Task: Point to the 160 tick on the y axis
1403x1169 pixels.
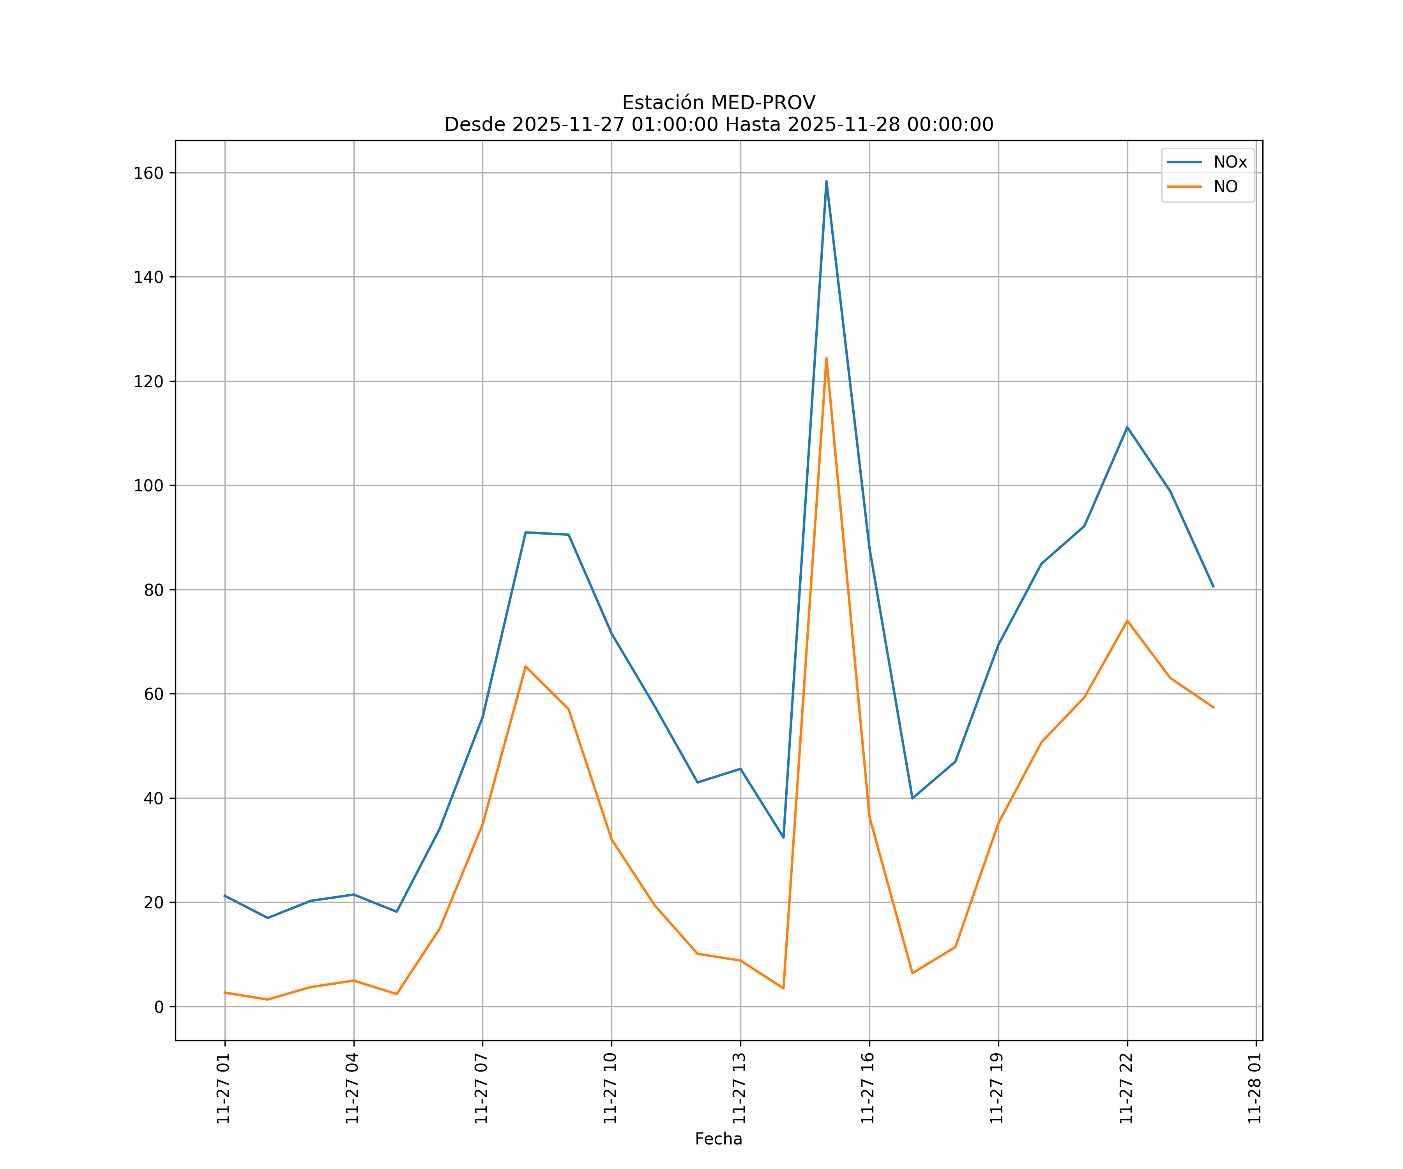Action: pos(148,173)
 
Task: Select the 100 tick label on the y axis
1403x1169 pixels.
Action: pos(148,486)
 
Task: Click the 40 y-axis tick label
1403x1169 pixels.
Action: pos(153,798)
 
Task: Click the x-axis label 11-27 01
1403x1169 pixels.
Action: pos(223,1088)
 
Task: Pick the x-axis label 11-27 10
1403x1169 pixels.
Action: pos(610,1088)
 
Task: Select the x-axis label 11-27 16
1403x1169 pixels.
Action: pos(868,1088)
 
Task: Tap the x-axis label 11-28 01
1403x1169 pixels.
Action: pos(1255,1088)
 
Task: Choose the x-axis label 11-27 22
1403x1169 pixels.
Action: pos(1126,1088)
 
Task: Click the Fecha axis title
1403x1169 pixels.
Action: pos(718,1139)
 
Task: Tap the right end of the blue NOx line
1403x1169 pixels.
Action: pos(1213,586)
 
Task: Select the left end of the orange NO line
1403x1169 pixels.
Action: pos(224,992)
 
